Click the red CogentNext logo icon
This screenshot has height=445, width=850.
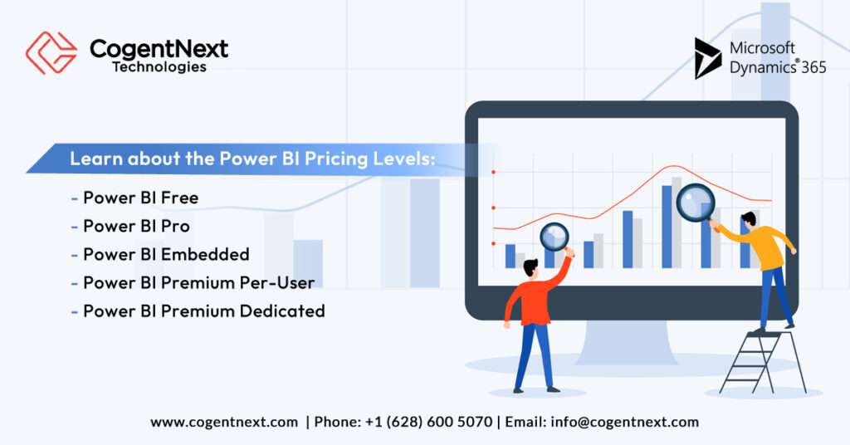[x=51, y=53]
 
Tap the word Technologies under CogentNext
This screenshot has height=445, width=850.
[x=159, y=67]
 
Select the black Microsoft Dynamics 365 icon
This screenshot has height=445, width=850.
[x=707, y=57]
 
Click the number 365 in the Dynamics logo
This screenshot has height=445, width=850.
[x=813, y=68]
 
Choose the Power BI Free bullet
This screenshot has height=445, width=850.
[x=140, y=198]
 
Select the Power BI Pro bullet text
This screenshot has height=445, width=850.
[x=136, y=226]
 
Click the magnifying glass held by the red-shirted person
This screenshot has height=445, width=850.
[x=554, y=237]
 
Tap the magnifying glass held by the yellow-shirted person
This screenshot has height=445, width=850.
[x=695, y=202]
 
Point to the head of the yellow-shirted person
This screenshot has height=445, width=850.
[x=748, y=219]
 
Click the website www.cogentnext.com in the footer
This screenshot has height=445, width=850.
[x=224, y=422]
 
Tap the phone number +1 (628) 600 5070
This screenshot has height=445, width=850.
[x=428, y=422]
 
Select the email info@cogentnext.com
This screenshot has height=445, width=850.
[x=624, y=422]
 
